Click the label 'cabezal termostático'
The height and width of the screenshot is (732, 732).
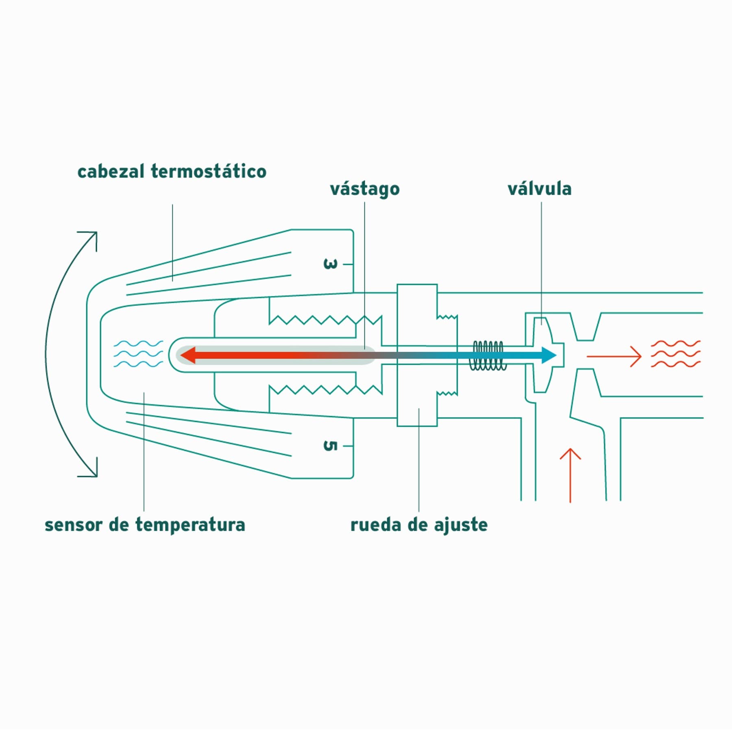pos(172,171)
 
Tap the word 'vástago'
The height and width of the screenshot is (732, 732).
pos(365,189)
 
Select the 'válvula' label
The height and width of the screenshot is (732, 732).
pos(539,188)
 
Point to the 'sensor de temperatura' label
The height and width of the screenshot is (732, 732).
pos(145,525)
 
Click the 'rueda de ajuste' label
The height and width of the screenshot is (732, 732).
pos(419,525)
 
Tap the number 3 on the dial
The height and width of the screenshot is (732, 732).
pos(330,264)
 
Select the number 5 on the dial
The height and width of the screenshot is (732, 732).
pos(330,446)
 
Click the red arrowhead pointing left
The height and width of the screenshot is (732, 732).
pos(188,355)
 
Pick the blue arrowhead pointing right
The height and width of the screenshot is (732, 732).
pos(549,355)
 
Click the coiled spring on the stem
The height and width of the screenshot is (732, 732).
pos(488,356)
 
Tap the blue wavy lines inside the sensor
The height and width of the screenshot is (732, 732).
pos(138,354)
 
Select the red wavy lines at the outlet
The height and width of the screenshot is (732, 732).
pos(675,354)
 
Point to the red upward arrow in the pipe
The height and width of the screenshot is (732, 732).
pos(570,475)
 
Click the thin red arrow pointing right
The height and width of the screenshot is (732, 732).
pos(614,356)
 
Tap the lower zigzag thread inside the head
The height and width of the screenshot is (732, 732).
pos(325,390)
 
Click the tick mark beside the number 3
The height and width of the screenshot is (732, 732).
pos(348,264)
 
